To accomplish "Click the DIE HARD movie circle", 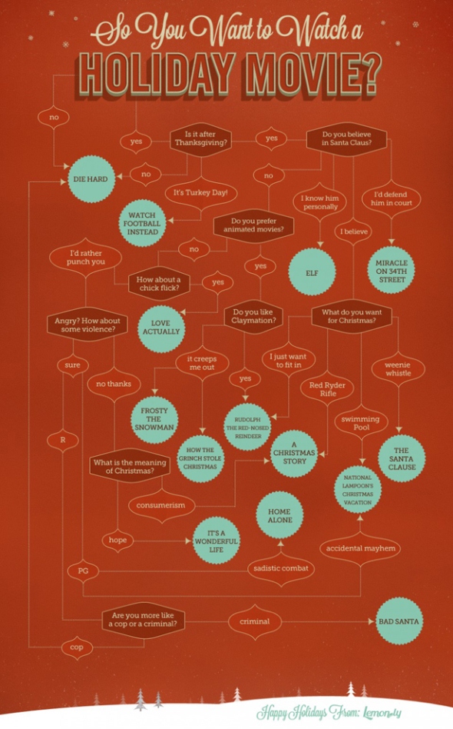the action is (91, 179).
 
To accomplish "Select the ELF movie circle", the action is (312, 273).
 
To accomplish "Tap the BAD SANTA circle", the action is (398, 621).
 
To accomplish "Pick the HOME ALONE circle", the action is (280, 515).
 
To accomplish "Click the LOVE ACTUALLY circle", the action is (161, 328).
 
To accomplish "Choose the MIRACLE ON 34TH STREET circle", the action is (392, 271).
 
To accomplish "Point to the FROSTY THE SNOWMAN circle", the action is (154, 419).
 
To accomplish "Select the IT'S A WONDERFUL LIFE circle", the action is (217, 541).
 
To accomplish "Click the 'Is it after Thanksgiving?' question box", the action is (200, 138).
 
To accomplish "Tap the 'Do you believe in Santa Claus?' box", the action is (346, 138).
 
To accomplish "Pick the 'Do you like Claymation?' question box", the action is (253, 317).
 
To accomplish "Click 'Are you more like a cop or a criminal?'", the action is (143, 621).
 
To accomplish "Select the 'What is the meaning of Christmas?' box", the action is (130, 467).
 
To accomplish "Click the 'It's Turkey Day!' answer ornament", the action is (200, 192).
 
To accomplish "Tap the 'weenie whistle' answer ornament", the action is (398, 369).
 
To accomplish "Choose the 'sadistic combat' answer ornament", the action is (281, 568).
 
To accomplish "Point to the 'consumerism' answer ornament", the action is (160, 505).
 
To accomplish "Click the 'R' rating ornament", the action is (63, 440).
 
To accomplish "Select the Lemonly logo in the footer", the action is (382, 712).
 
